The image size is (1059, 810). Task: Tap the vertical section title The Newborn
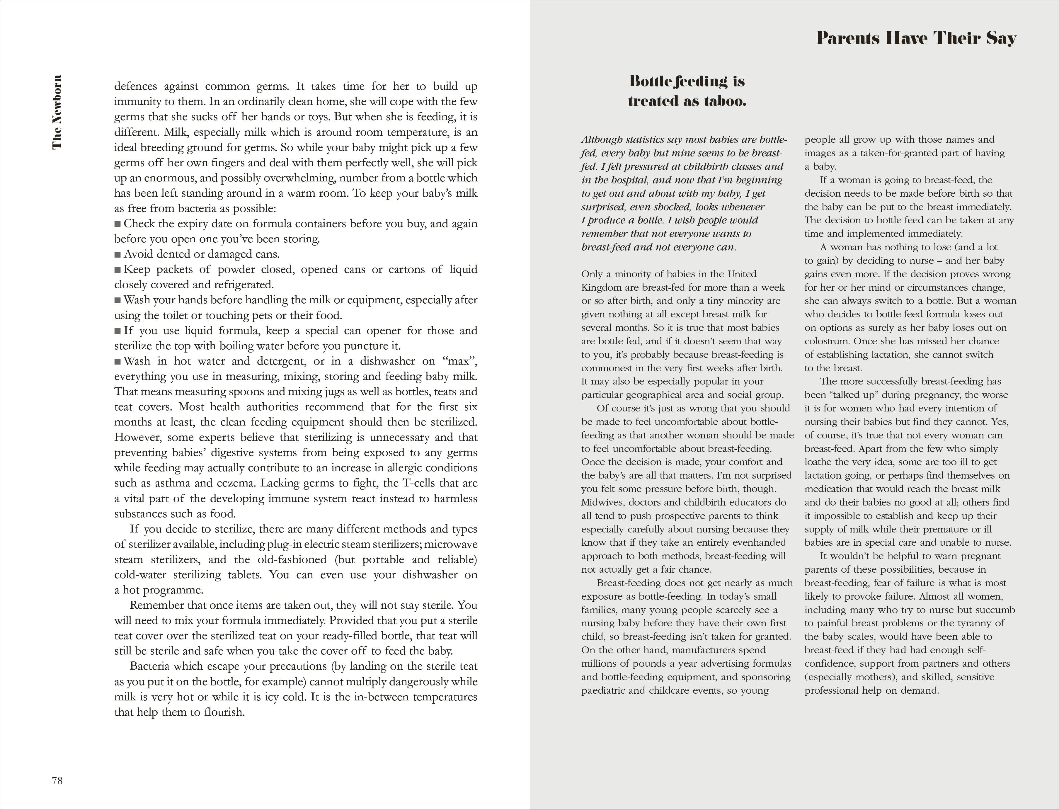pyautogui.click(x=57, y=112)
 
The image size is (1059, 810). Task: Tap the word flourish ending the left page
pyautogui.click(x=223, y=712)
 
